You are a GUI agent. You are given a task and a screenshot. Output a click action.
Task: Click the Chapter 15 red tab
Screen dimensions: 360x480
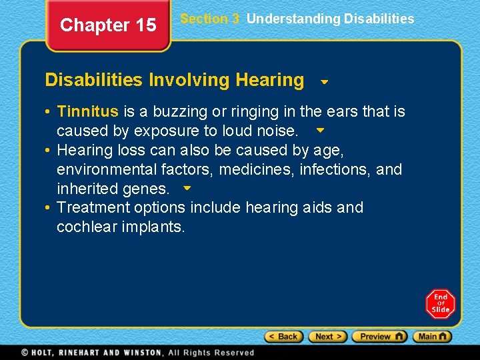coord(108,25)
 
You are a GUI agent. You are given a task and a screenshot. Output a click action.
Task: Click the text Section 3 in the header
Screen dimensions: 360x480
coord(209,19)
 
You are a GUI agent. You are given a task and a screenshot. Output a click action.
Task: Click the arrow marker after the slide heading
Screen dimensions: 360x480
coord(324,83)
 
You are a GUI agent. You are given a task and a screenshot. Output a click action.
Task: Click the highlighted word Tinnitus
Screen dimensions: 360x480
coord(88,111)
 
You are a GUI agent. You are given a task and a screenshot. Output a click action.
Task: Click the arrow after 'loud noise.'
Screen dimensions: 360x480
coord(320,131)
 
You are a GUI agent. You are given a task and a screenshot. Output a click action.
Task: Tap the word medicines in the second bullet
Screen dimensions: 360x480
coord(254,169)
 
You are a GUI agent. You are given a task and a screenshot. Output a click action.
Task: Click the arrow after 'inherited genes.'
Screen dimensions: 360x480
coord(187,189)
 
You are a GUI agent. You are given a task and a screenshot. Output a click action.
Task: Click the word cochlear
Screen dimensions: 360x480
coord(83,227)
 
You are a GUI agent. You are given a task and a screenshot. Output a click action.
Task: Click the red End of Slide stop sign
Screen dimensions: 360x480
coord(440,304)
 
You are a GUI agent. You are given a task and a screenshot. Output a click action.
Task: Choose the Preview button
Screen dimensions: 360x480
coord(379,337)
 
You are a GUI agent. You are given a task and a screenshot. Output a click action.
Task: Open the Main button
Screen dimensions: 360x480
coord(432,337)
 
